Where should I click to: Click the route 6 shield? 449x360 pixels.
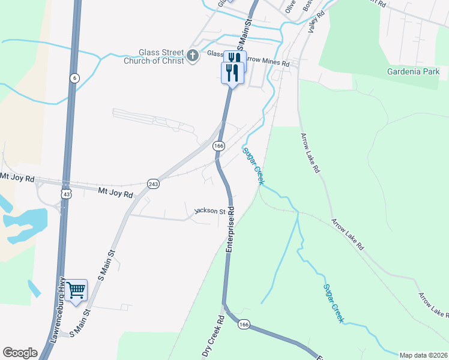pyautogui.click(x=74, y=78)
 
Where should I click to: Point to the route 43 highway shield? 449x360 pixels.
pyautogui.click(x=66, y=194)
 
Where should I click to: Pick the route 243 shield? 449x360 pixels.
pyautogui.click(x=153, y=184)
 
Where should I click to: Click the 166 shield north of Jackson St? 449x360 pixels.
pyautogui.click(x=219, y=146)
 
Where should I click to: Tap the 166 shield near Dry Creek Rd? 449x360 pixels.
pyautogui.click(x=243, y=324)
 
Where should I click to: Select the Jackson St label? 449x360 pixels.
pyautogui.click(x=209, y=211)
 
